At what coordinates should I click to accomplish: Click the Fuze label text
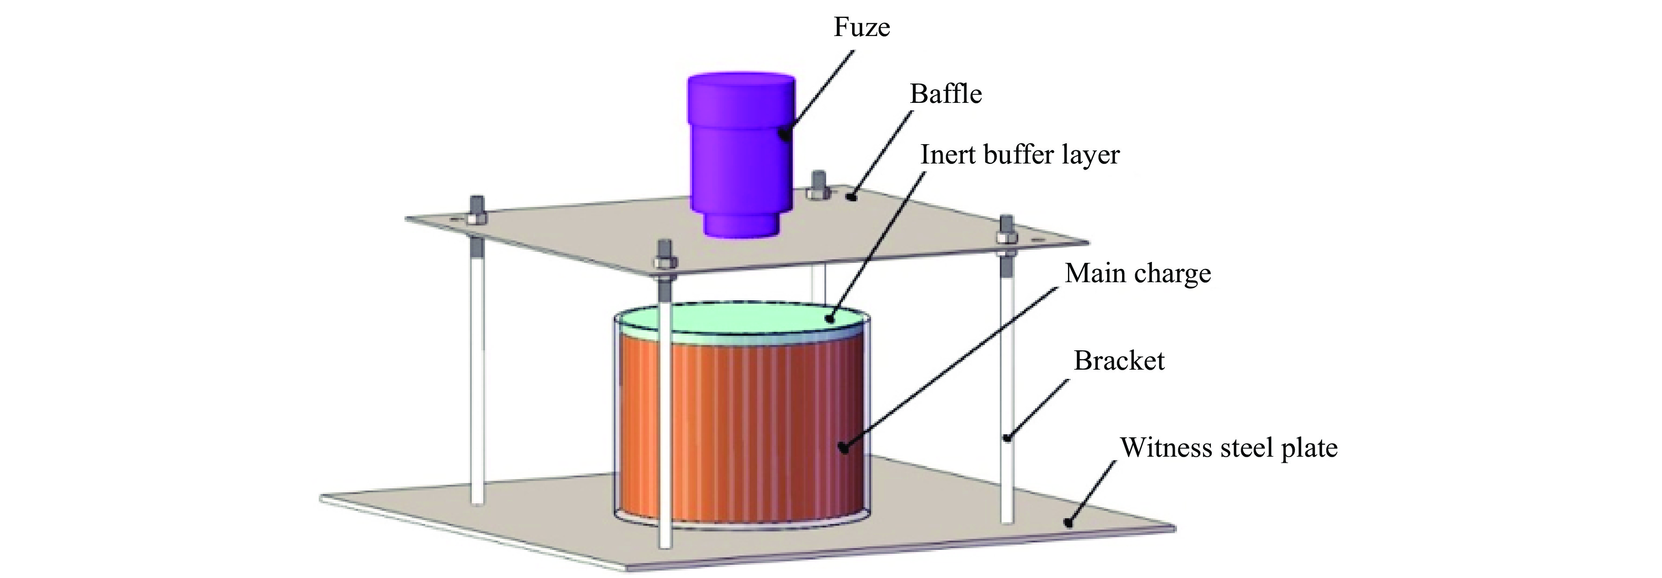861,27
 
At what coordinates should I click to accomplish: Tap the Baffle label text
945,94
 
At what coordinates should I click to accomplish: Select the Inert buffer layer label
1019,155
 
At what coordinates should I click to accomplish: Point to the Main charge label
1137,273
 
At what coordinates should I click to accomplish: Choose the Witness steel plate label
1228,448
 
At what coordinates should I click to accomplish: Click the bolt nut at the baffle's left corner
477,218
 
